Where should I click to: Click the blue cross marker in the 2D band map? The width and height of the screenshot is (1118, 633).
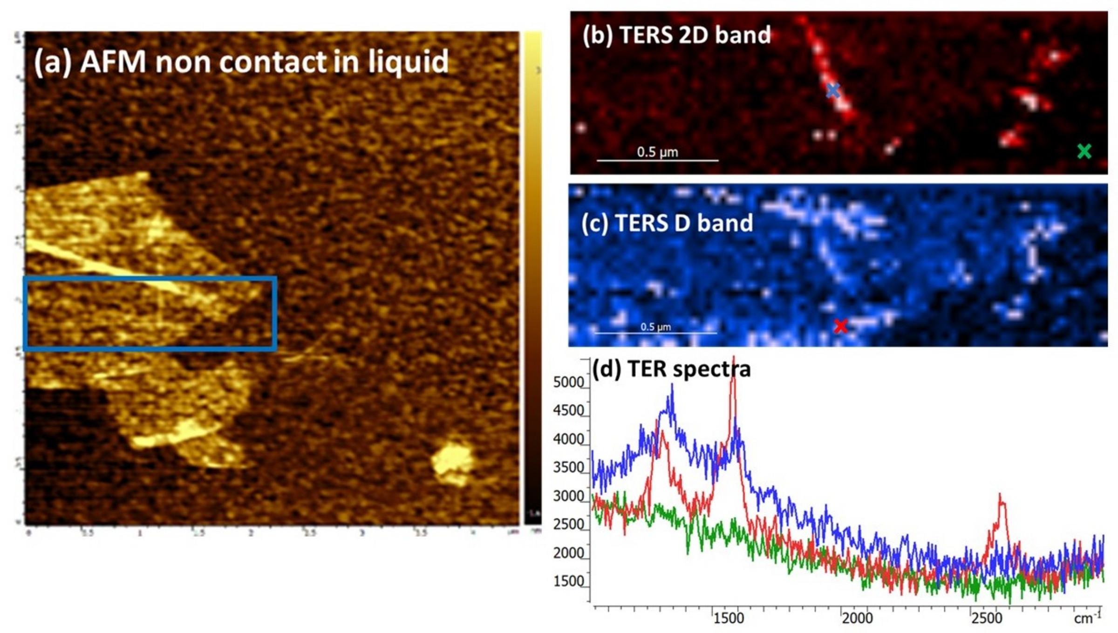[833, 90]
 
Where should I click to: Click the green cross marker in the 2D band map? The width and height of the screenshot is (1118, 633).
[1084, 151]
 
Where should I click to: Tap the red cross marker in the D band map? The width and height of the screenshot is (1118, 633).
[840, 326]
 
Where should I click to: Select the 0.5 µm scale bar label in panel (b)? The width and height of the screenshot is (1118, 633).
[657, 152]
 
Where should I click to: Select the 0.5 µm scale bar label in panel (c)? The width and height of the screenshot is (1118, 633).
[655, 327]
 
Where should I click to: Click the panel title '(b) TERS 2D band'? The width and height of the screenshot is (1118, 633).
[676, 35]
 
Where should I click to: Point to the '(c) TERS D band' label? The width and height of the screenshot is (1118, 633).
[667, 223]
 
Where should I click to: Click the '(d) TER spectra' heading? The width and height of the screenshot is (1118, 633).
[671, 369]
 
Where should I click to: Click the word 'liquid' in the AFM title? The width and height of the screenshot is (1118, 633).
[408, 62]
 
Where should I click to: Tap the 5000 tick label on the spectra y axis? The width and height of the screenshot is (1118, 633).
[568, 382]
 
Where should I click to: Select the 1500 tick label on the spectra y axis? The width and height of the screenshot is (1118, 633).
[568, 581]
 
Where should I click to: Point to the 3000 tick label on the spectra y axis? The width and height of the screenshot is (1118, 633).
[568, 496]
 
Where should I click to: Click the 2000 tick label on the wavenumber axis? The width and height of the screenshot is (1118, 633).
[857, 618]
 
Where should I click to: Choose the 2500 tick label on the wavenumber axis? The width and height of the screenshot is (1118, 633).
[986, 618]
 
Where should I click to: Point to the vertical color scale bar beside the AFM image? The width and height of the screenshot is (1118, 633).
[532, 275]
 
